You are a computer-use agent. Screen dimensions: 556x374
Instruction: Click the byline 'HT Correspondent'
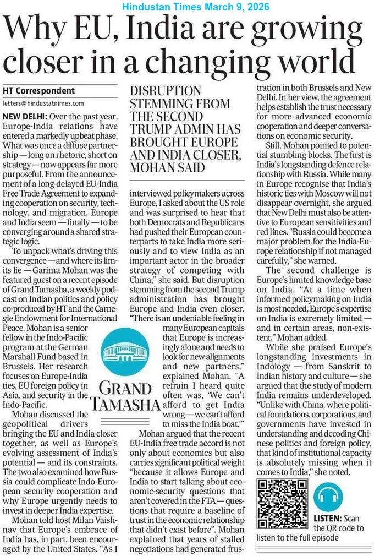tap(38, 90)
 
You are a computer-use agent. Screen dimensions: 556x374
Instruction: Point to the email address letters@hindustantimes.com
tap(43, 103)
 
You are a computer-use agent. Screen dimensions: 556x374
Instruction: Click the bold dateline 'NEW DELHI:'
tap(24, 116)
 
